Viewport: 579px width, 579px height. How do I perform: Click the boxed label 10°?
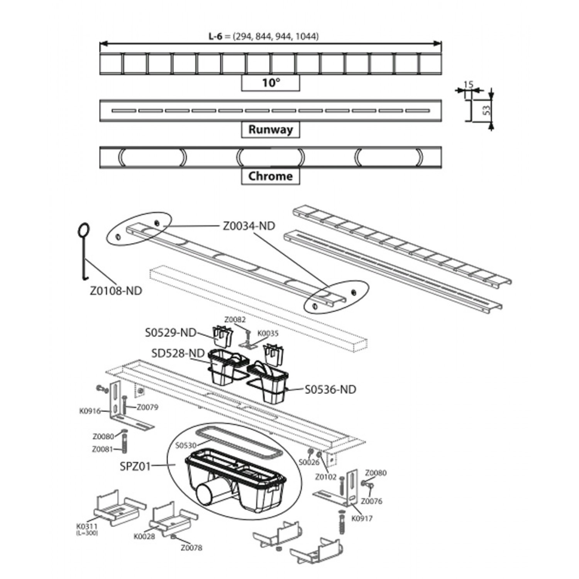point(271,83)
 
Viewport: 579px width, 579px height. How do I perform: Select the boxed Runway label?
point(271,129)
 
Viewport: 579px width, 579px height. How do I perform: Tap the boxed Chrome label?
point(271,176)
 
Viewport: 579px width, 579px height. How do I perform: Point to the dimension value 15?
point(468,84)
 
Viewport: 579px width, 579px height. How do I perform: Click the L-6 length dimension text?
point(264,36)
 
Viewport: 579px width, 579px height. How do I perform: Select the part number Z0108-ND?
point(116,290)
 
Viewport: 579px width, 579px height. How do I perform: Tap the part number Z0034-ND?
point(249,226)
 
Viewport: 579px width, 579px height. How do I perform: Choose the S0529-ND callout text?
point(171,332)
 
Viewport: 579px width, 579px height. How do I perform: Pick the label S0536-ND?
point(330,389)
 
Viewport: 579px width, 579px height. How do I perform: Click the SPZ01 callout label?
point(135,466)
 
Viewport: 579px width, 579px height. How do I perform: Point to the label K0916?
point(90,411)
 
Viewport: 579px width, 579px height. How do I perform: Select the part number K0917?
point(362,518)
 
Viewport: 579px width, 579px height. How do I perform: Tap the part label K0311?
point(86,527)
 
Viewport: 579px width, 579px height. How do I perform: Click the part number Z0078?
point(191,548)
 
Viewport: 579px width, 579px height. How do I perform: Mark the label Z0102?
point(326,477)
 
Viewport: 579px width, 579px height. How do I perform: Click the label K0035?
point(267,333)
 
